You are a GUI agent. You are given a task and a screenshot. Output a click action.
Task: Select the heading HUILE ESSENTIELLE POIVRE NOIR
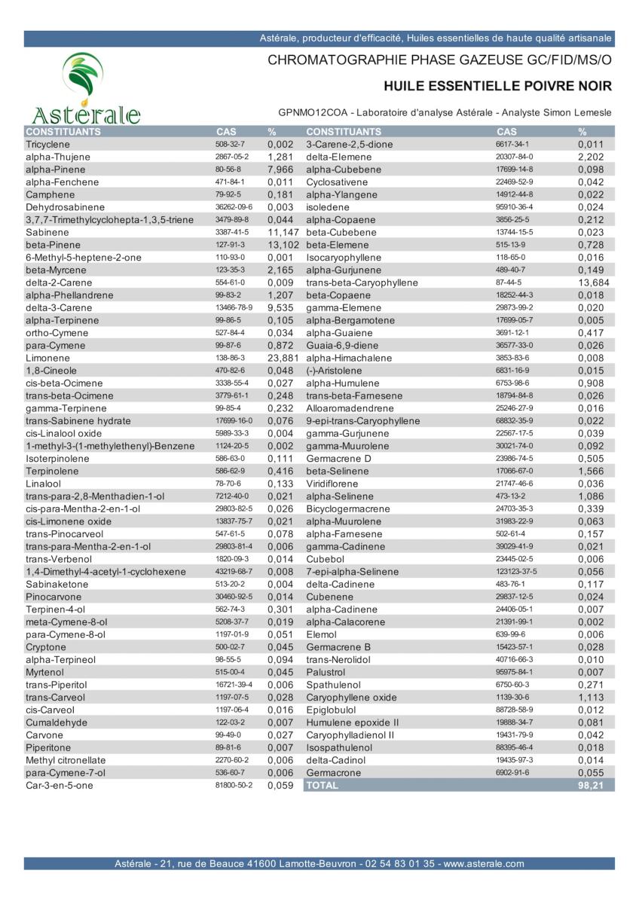click(497, 87)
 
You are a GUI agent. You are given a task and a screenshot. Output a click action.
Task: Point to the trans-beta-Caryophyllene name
click(362, 282)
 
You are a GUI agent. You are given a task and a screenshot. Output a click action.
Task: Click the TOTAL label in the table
click(323, 785)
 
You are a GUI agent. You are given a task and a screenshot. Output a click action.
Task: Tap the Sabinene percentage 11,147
click(284, 232)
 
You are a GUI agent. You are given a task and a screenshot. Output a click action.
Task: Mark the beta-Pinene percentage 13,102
click(284, 245)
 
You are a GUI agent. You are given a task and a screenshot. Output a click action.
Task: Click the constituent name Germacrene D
click(338, 458)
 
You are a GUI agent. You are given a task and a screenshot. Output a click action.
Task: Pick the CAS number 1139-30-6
click(512, 697)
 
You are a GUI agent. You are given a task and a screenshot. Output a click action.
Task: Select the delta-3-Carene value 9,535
click(281, 307)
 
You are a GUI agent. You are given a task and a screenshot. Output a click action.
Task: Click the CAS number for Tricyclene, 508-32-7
click(231, 144)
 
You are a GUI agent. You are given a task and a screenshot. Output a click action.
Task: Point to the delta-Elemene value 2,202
click(592, 157)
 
